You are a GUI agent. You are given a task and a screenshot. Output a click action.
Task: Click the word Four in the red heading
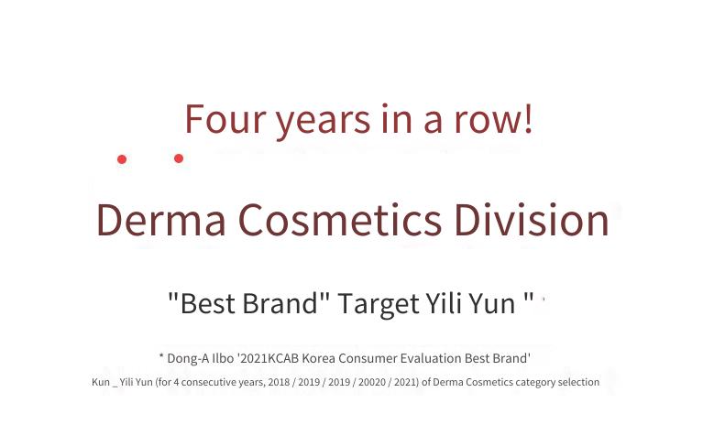[x=225, y=119]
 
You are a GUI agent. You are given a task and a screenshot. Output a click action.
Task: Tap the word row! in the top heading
[x=493, y=119]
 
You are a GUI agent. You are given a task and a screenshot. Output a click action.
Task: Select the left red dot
[x=122, y=159]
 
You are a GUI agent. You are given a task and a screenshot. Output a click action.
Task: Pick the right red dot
[x=179, y=158]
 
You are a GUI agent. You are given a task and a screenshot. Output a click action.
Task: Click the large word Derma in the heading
[x=161, y=220]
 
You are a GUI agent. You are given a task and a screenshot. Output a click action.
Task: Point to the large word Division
[x=532, y=219]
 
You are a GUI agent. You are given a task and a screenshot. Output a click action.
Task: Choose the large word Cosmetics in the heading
[x=340, y=220]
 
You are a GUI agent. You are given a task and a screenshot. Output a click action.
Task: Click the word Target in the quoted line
[x=379, y=304]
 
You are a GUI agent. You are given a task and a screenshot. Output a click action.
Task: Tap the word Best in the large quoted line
[x=208, y=303]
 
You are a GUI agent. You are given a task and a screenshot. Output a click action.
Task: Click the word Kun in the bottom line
[x=101, y=382]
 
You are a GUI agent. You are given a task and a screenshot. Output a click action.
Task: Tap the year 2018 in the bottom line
[x=279, y=382]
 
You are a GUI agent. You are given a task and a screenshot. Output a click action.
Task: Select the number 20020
[x=371, y=382]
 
